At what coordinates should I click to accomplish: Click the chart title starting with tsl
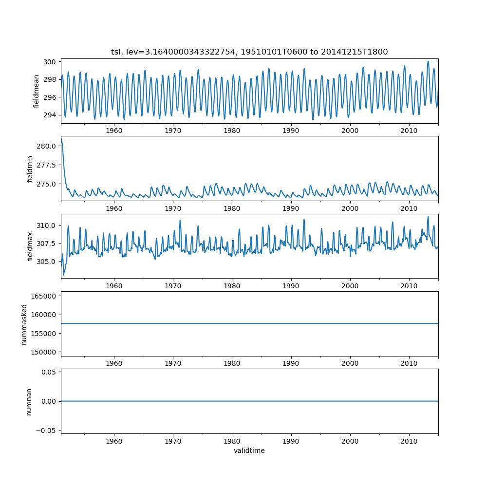pyautogui.click(x=249, y=52)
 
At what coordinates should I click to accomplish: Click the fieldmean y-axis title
pyautogui.click(x=37, y=92)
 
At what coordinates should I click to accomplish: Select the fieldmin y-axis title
pyautogui.click(x=30, y=169)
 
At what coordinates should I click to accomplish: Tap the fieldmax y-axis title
pyautogui.click(x=30, y=246)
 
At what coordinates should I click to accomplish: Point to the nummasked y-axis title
pyautogui.click(x=24, y=324)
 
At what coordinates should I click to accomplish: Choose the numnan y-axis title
pyautogui.click(x=29, y=401)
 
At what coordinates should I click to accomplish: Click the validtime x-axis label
pyautogui.click(x=249, y=450)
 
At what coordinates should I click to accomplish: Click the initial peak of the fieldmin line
pyautogui.click(x=61, y=139)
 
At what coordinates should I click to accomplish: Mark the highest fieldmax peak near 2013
pyautogui.click(x=428, y=217)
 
